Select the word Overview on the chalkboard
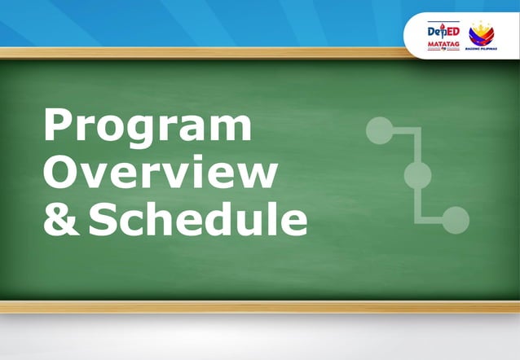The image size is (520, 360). point(160,173)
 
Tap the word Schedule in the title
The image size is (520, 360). point(198,219)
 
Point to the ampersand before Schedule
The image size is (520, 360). point(59,220)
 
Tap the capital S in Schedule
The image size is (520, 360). point(105,220)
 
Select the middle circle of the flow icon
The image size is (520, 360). point(417,174)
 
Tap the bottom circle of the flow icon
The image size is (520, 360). point(456,219)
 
